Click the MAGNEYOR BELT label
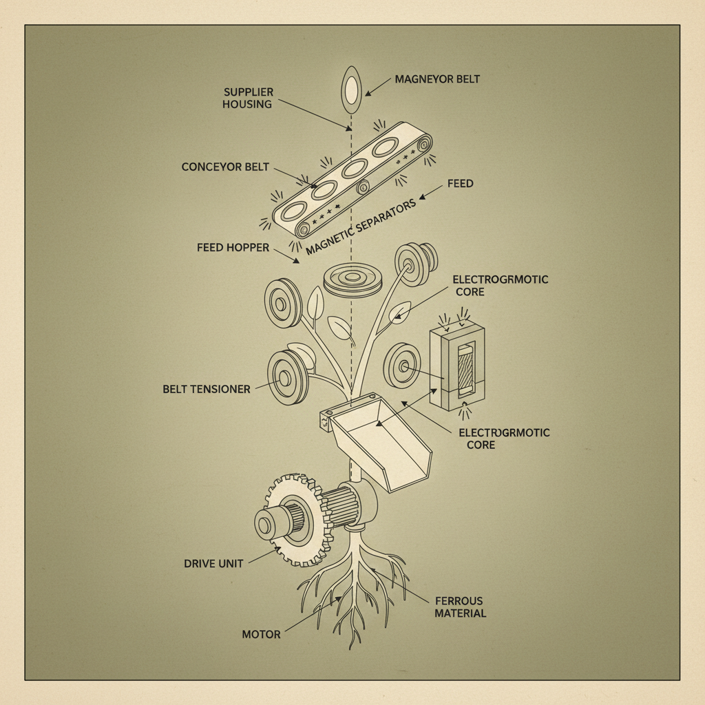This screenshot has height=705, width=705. point(437,79)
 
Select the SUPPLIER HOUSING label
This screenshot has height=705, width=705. point(247,98)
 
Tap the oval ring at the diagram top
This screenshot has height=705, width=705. point(352,90)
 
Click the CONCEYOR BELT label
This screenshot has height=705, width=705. point(225,167)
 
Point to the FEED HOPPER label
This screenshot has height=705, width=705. point(233,247)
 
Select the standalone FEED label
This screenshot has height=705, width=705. point(460,184)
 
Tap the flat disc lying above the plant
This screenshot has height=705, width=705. point(353,280)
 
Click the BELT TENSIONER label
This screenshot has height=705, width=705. point(207,389)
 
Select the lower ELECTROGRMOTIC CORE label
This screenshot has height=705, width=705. point(504,439)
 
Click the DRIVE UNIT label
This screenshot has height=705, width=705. point(213,563)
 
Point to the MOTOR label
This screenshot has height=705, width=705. point(261,633)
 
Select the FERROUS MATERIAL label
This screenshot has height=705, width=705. point(460,607)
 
